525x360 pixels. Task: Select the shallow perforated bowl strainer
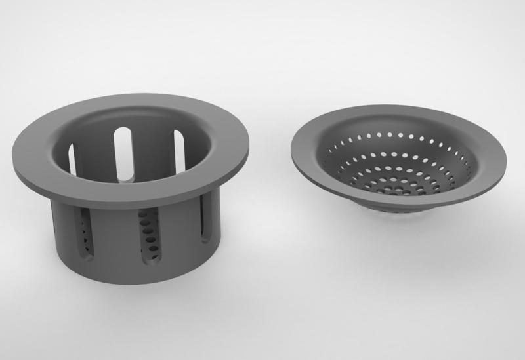pyautogui.click(x=398, y=161)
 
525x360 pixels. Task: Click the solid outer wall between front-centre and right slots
pyautogui.click(x=180, y=236)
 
